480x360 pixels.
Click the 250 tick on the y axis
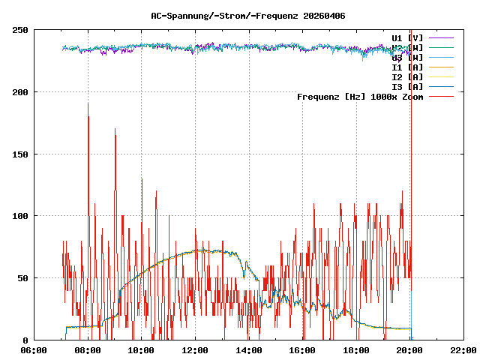(x=21, y=30)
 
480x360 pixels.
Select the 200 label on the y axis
(x=21, y=92)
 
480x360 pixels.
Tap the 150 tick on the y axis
(x=21, y=154)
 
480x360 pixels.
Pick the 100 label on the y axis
(x=21, y=216)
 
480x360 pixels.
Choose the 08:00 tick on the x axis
(x=88, y=350)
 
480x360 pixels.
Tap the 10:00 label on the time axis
(x=142, y=350)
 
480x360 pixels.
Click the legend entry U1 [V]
(x=407, y=37)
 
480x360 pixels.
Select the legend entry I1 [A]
(x=407, y=67)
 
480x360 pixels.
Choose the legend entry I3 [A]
(x=407, y=86)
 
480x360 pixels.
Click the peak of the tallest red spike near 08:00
(x=88, y=103)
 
